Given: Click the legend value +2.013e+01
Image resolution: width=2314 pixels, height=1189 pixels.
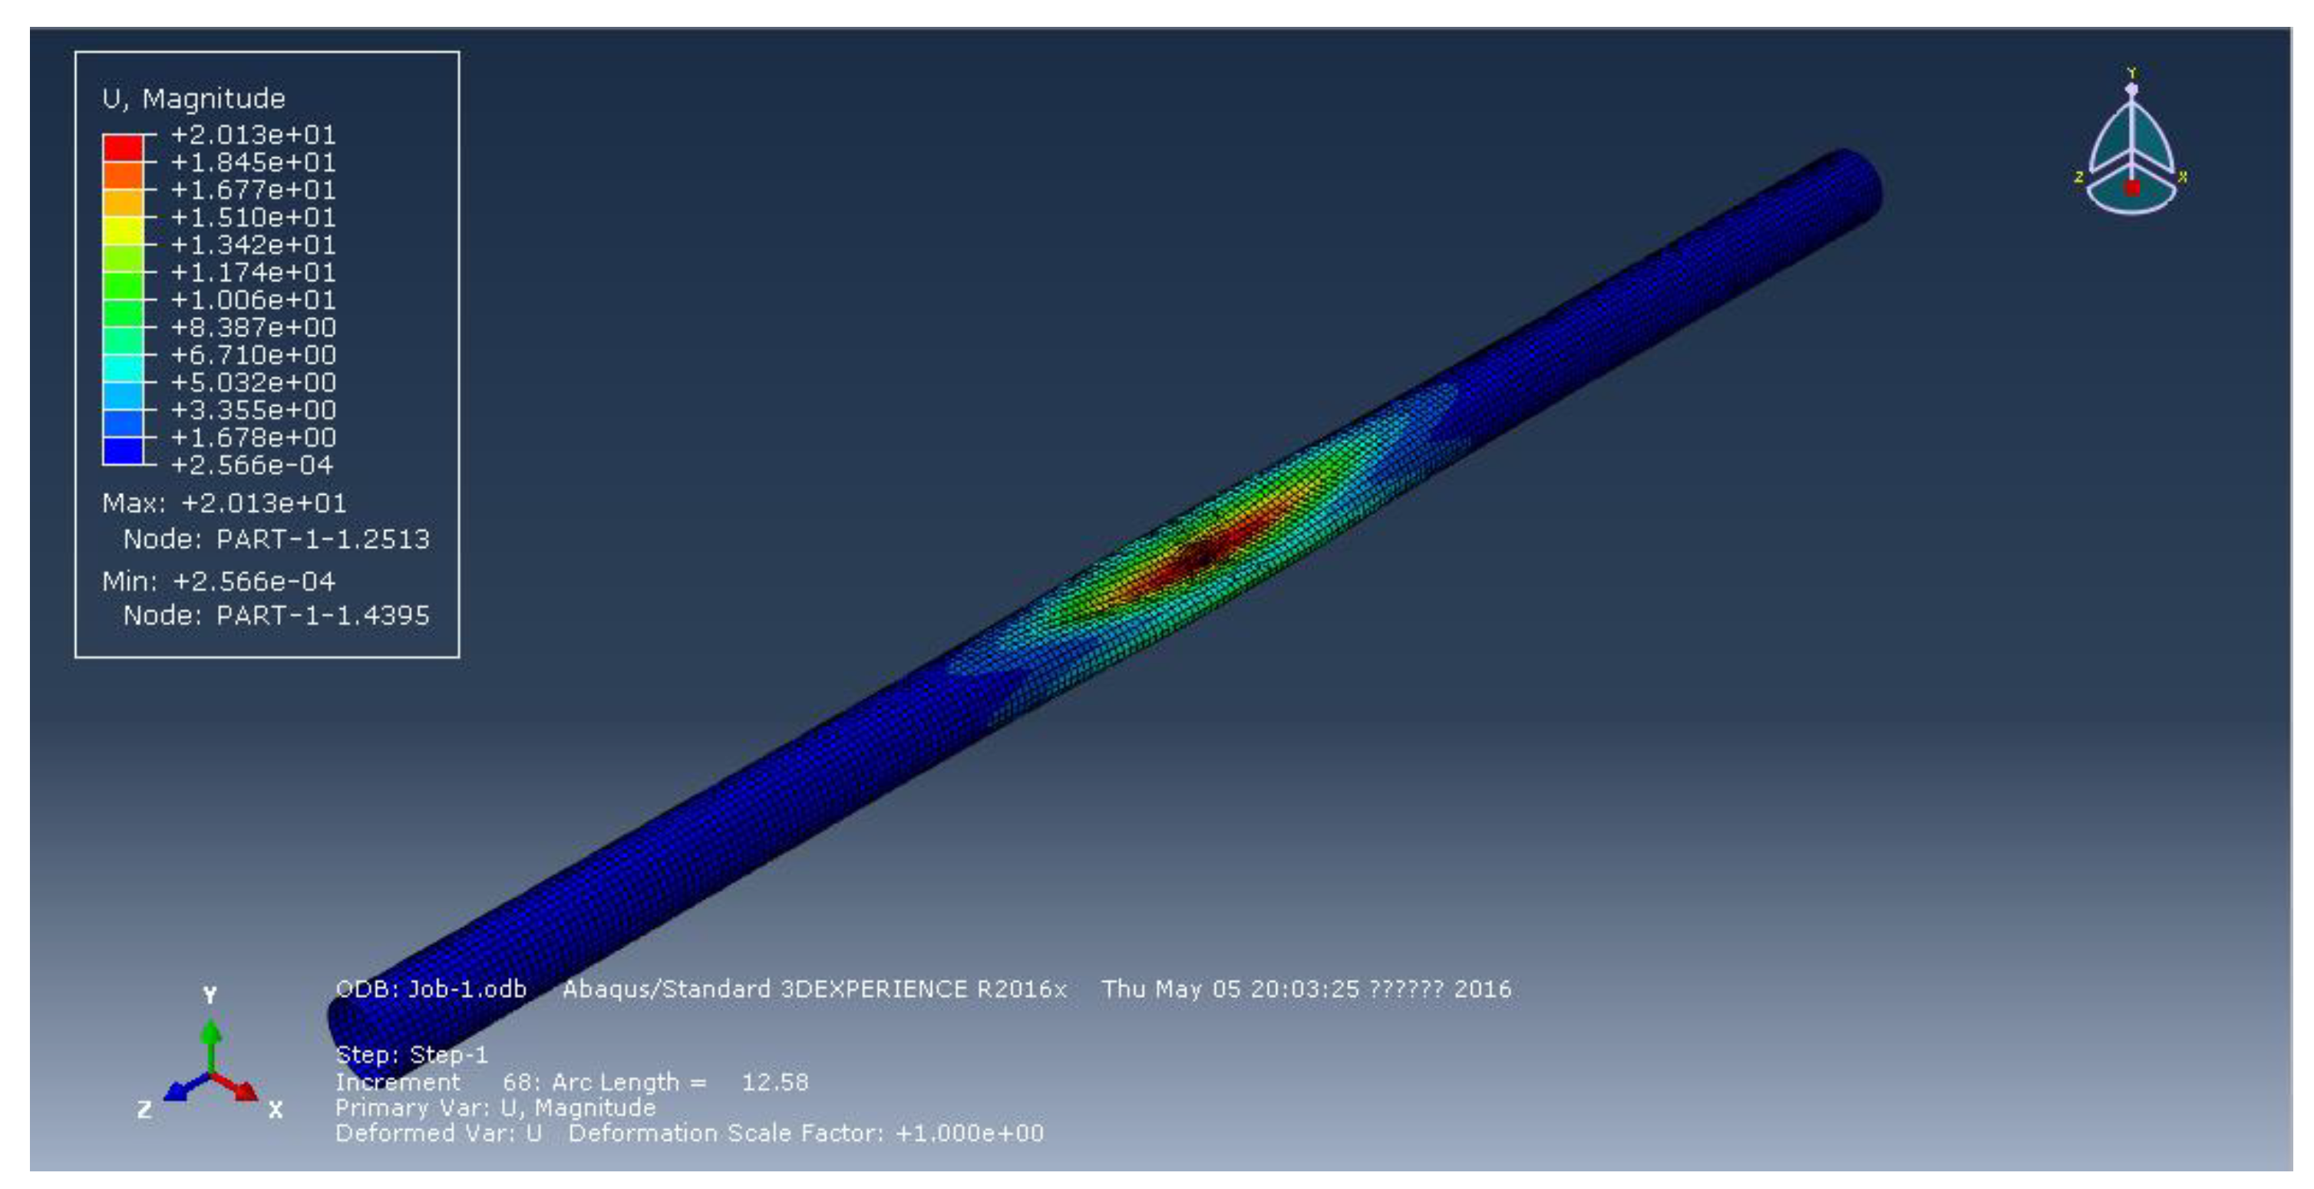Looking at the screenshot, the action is (x=253, y=135).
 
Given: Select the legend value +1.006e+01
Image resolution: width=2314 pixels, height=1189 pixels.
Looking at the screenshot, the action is (x=253, y=300).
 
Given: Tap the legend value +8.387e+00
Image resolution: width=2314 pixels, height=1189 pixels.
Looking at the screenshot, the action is (x=253, y=328).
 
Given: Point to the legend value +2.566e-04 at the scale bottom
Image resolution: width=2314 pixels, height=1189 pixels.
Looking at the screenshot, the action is (x=252, y=465).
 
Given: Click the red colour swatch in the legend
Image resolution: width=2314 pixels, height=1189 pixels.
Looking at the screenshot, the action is (x=123, y=147).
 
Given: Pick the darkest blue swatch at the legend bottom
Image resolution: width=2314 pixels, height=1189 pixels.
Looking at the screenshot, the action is (x=123, y=451).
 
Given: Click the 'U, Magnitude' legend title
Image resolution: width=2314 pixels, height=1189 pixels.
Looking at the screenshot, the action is (x=194, y=99).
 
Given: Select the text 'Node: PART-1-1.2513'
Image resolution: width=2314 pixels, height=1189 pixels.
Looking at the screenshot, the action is (x=276, y=539).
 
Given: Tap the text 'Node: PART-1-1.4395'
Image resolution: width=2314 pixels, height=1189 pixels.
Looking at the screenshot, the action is (x=276, y=615).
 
